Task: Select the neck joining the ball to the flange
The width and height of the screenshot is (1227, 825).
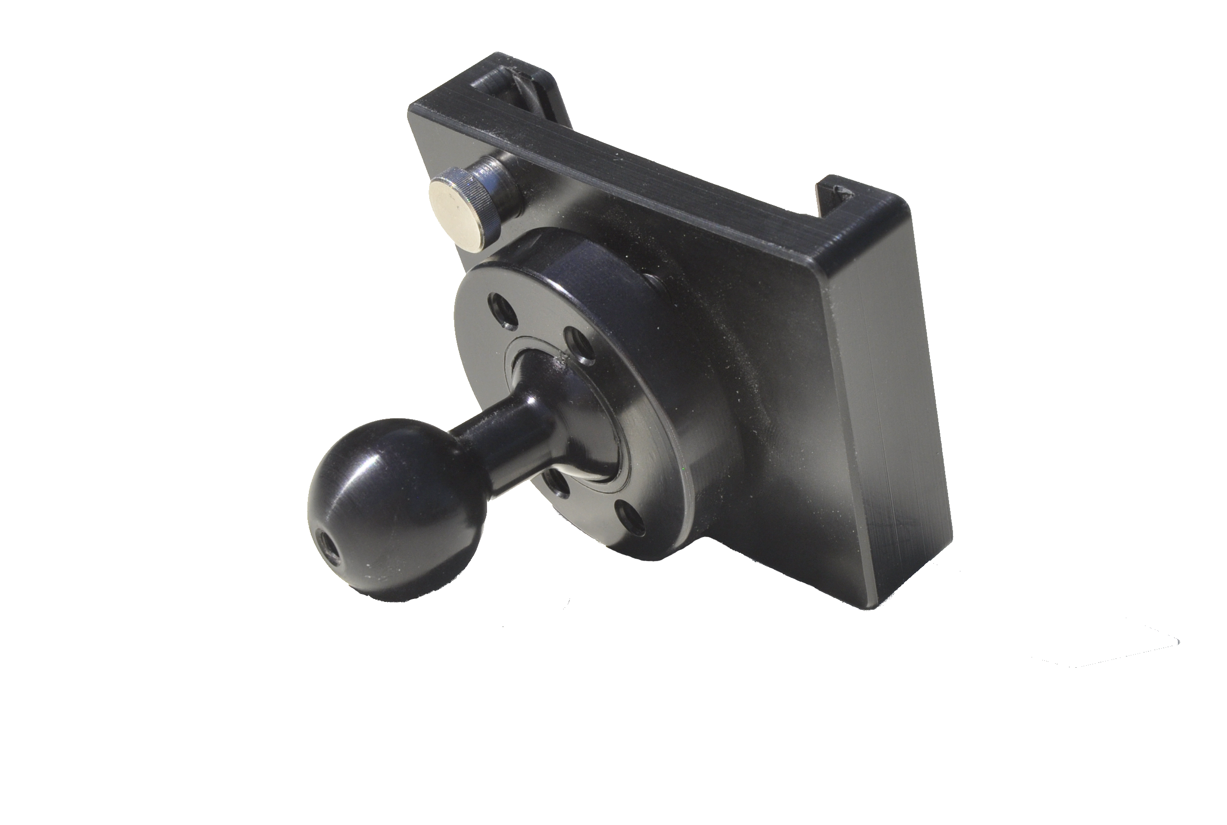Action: coord(505,437)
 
